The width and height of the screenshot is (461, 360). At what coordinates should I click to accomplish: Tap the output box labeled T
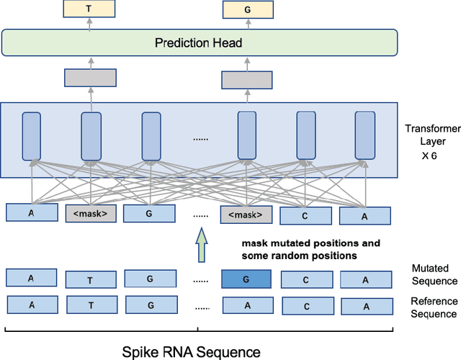(89, 9)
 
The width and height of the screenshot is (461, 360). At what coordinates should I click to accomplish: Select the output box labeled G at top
(247, 9)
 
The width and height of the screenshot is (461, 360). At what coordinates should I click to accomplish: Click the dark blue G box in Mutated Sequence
(246, 279)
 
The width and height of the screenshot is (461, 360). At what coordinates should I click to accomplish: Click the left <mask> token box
(90, 214)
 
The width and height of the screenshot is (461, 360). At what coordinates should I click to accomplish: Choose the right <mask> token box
(247, 215)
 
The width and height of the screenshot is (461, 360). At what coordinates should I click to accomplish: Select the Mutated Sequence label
(434, 274)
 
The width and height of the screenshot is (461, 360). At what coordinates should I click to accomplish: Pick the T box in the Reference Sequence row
(90, 305)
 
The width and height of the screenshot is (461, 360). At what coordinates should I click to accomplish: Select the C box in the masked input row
(305, 215)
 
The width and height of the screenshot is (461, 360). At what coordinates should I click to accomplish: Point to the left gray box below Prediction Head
(90, 78)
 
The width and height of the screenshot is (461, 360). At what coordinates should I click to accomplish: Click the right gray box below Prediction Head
(246, 79)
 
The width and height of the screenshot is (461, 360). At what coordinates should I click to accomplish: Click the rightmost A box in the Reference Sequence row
(365, 305)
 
